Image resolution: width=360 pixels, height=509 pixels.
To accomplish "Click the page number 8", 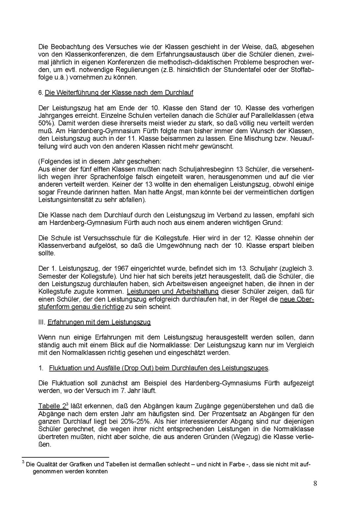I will [315, 483].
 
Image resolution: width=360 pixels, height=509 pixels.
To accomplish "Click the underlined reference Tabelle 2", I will [52, 406].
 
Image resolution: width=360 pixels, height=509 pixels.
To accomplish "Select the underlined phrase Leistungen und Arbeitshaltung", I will [173, 292].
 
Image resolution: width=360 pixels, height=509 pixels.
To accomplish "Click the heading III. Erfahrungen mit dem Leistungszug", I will [95, 322].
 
